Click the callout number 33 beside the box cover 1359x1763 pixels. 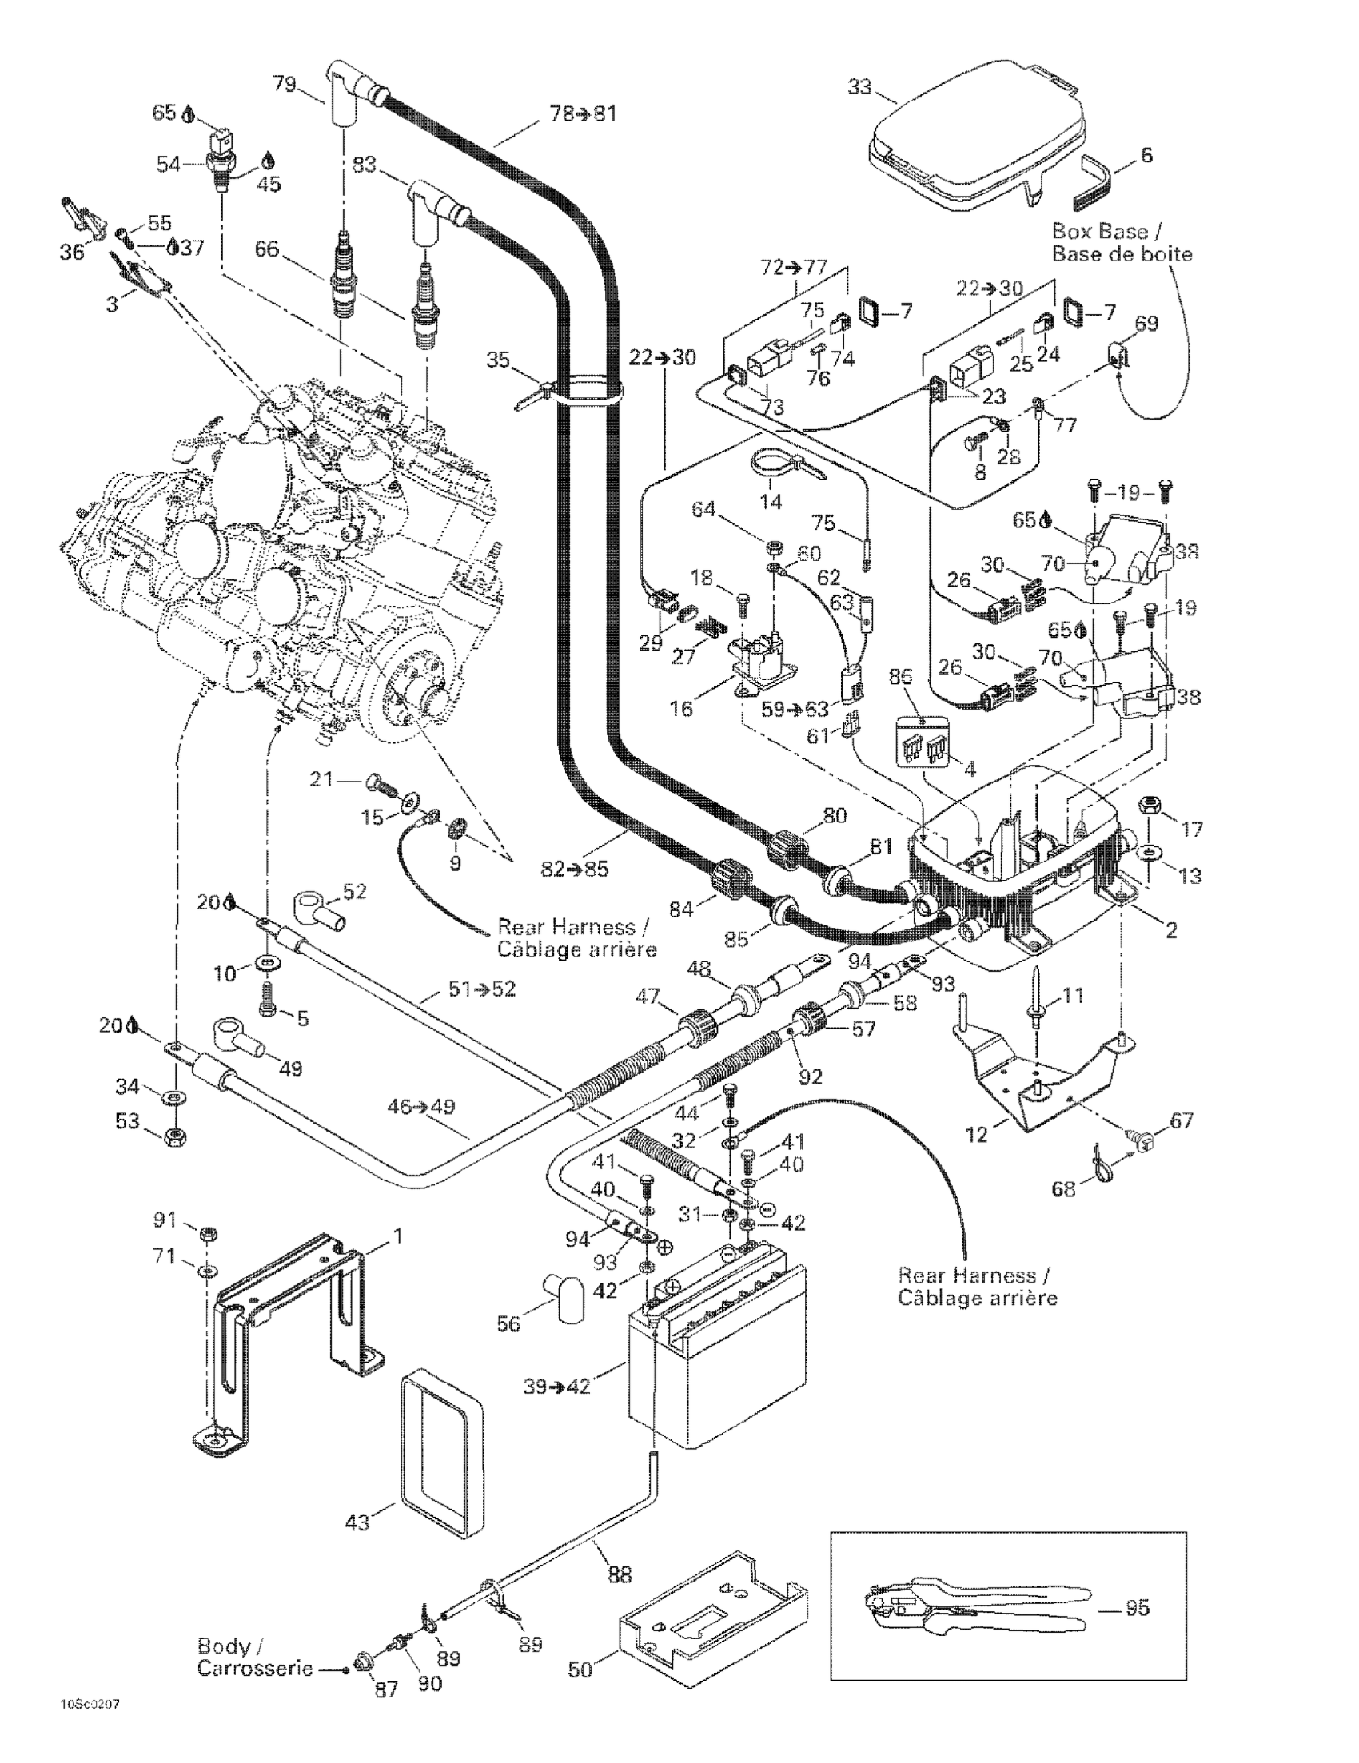(860, 86)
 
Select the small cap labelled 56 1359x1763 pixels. (563, 1297)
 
